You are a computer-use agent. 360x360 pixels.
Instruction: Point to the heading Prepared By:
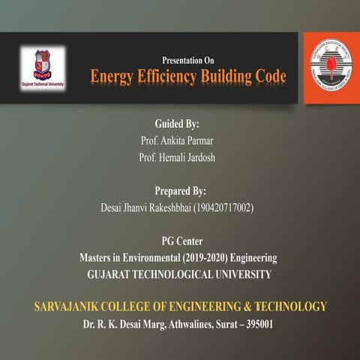pos(180,190)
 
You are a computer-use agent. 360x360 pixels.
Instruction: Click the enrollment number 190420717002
pos(223,207)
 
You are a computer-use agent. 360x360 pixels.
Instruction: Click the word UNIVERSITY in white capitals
pos(235,274)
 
